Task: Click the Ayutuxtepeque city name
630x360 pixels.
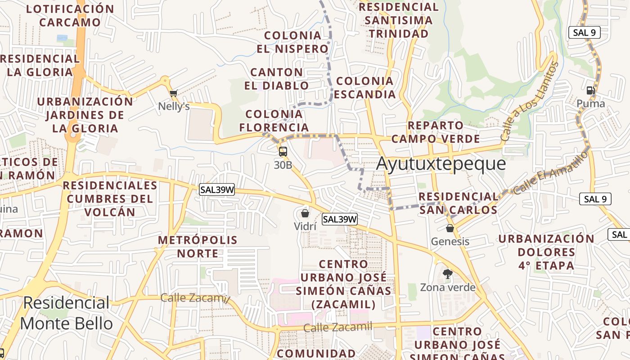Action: (441, 164)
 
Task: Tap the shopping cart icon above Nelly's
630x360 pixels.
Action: (174, 93)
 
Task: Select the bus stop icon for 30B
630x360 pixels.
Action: (283, 152)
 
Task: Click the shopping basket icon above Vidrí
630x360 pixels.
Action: (305, 213)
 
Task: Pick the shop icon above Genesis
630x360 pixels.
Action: (450, 228)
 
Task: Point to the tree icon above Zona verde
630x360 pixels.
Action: (448, 274)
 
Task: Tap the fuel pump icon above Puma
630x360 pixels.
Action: (591, 90)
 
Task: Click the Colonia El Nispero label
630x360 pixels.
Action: (293, 42)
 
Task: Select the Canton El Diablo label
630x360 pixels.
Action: (276, 79)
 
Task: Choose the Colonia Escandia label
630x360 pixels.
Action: (365, 88)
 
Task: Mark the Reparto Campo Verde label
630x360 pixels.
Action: (435, 132)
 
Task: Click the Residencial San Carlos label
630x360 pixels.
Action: (458, 203)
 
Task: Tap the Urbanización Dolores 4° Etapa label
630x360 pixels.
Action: (546, 252)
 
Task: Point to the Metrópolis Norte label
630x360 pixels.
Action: (198, 247)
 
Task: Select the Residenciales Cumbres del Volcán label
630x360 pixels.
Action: (110, 198)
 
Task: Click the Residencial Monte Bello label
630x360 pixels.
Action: (67, 313)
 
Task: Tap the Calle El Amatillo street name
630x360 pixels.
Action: (551, 173)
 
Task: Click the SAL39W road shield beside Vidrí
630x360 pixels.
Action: (340, 219)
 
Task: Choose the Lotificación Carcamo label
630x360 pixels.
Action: (70, 15)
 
